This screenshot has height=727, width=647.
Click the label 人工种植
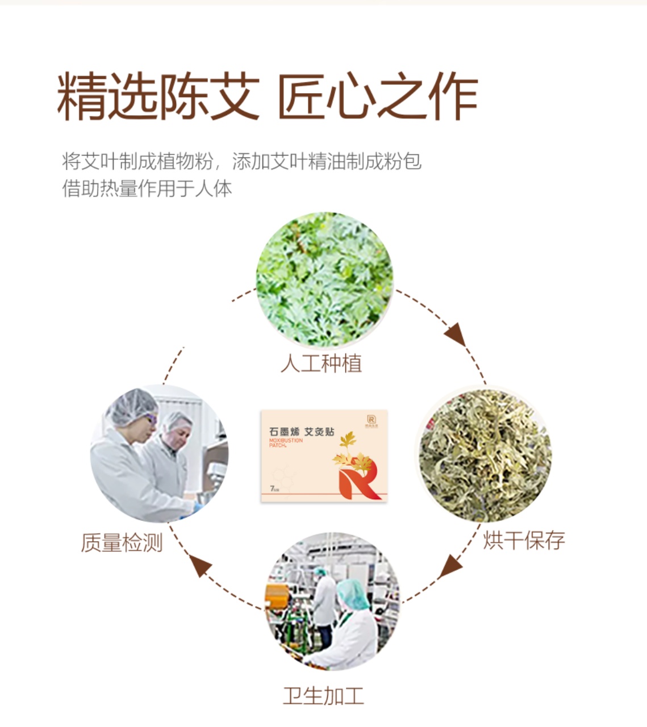click(322, 363)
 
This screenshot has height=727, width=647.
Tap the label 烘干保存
click(524, 540)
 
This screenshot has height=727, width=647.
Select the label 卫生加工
click(323, 696)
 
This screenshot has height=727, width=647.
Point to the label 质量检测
click(122, 543)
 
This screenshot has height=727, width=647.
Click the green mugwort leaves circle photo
click(324, 279)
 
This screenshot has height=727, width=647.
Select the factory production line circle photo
click(333, 601)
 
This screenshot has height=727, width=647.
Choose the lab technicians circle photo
click(160, 454)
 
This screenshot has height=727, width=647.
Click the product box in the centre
click(324, 456)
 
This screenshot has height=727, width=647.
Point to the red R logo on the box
click(357, 482)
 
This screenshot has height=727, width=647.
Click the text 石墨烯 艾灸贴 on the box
click(302, 432)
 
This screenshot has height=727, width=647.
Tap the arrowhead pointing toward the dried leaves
click(456, 335)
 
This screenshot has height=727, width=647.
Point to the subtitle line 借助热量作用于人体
click(147, 189)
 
